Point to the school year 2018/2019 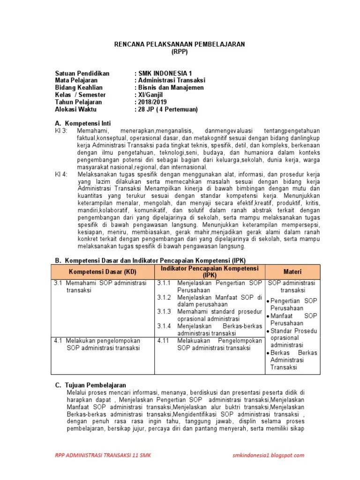[150, 102]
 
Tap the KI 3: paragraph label [61, 130]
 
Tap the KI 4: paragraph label [61, 173]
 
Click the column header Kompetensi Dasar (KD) [102, 272]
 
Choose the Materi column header [292, 272]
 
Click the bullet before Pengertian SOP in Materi [268, 301]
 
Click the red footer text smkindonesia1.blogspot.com [268, 455]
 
